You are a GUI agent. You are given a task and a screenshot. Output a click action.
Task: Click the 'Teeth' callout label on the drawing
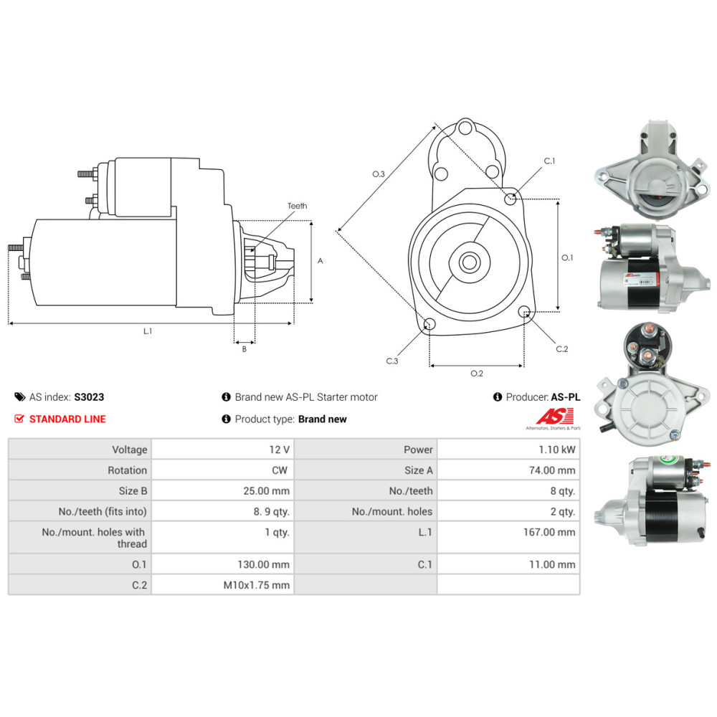click(298, 206)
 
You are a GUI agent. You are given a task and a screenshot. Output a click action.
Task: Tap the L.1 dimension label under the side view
click(148, 331)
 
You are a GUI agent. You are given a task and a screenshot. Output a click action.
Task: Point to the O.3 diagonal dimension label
click(379, 174)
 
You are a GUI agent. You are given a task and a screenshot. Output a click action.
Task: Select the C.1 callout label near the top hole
click(549, 161)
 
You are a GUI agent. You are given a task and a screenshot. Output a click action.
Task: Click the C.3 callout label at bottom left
click(392, 361)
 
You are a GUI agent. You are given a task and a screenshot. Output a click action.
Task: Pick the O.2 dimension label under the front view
click(477, 373)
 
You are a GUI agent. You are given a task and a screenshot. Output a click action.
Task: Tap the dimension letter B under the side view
click(244, 349)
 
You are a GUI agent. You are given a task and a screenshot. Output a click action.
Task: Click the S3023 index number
click(89, 397)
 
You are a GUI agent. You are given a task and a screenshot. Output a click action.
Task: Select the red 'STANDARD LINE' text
click(67, 419)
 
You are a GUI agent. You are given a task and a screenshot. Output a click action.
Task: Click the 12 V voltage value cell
click(279, 450)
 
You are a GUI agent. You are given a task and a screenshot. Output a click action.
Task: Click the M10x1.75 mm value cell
click(257, 585)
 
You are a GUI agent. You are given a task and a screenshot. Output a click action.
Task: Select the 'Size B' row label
click(129, 491)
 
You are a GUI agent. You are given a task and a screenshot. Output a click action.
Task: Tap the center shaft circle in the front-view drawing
click(470, 262)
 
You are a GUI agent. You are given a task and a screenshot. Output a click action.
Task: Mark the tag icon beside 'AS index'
click(19, 397)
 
